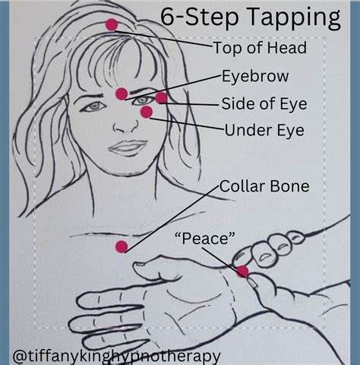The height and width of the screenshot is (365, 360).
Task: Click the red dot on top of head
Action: pos(112,24)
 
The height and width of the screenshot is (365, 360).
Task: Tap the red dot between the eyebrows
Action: pos(122,94)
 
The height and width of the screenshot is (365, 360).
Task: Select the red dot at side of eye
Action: pos(162,97)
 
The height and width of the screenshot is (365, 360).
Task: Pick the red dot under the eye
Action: pos(146,113)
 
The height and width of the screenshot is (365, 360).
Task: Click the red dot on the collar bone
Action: pos(121,246)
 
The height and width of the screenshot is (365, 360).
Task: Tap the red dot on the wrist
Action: pos(242,271)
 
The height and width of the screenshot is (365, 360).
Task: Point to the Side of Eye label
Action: pos(264,103)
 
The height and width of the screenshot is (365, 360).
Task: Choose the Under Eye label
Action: pos(264,131)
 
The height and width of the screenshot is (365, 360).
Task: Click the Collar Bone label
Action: pos(264,185)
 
